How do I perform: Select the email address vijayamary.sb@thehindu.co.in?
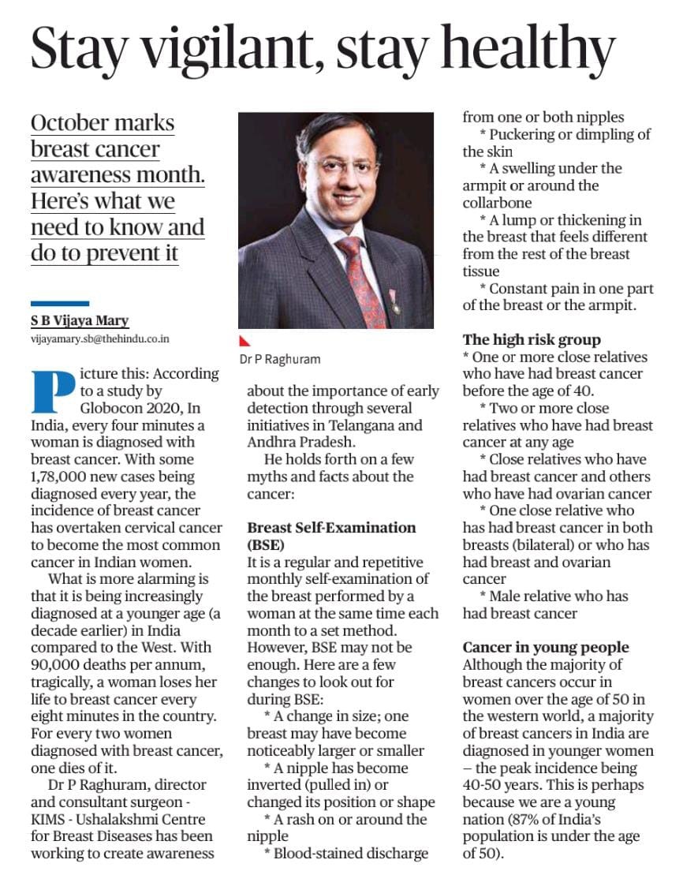click(100, 338)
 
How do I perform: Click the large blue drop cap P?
click(53, 391)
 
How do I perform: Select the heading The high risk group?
click(532, 340)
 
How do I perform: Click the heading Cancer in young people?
click(546, 648)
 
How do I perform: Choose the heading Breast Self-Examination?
click(331, 527)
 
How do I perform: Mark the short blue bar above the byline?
click(60, 303)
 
